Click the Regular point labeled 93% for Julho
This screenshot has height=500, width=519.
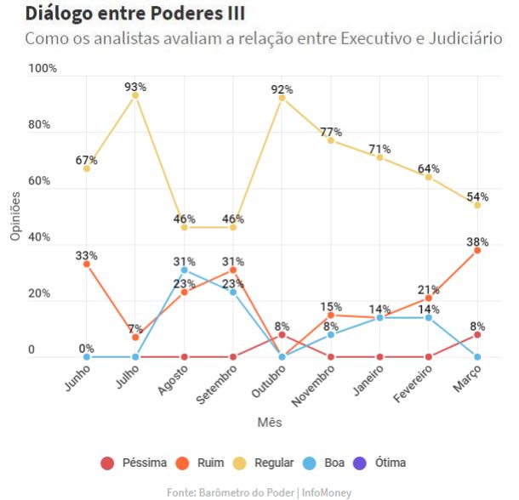coord(135,95)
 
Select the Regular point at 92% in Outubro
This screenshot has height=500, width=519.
coord(282,98)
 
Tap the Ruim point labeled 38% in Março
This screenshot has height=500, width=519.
coord(477,250)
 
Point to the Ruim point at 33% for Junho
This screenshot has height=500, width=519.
coord(87,264)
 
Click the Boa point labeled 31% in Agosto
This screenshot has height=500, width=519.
coord(184,270)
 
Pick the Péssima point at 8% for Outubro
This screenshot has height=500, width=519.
coord(282,334)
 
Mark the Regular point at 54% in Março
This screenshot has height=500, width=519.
coord(477,205)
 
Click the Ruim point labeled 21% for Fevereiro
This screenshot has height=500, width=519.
coord(429,298)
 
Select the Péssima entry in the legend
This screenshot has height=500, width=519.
coord(133,463)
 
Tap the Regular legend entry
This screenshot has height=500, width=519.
coord(263,463)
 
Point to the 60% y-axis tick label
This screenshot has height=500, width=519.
coord(39,181)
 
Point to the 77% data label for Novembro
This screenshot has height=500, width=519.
coord(331,132)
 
